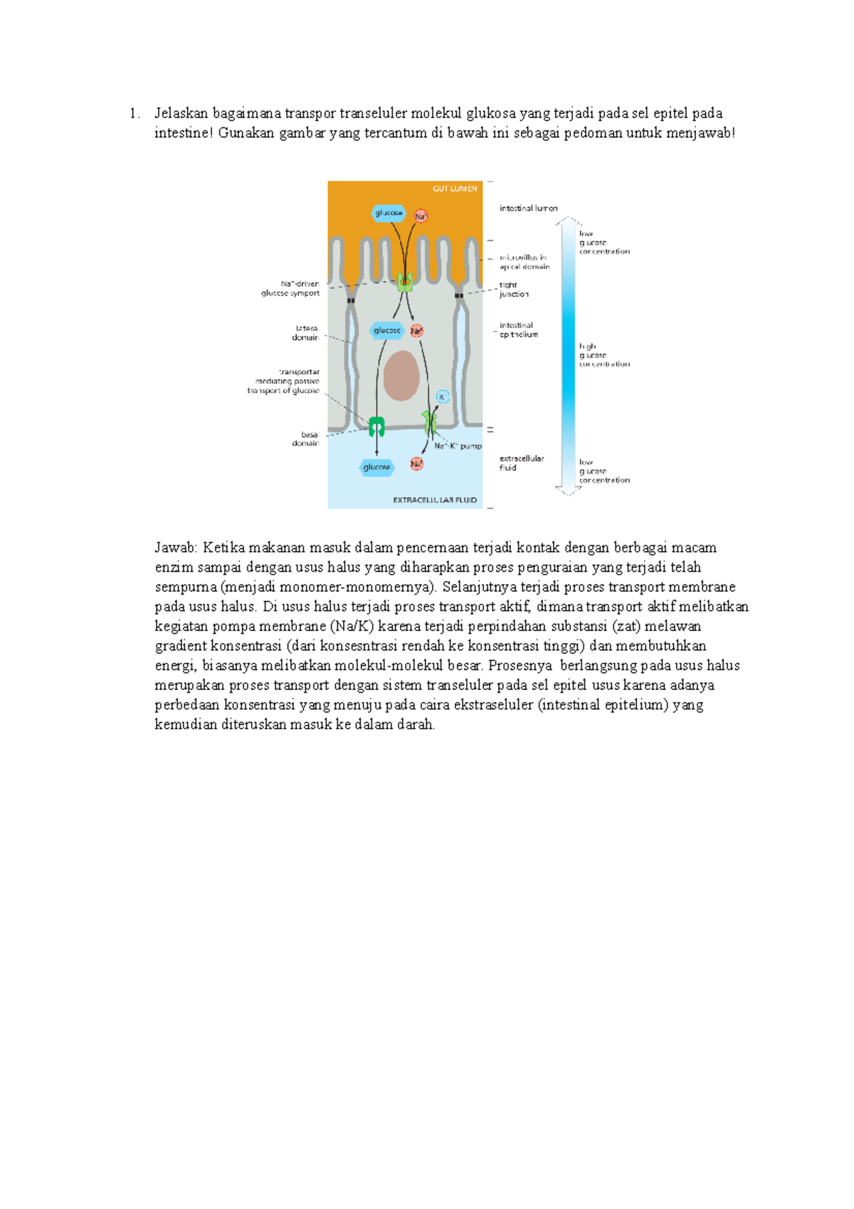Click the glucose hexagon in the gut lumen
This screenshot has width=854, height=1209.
tap(389, 213)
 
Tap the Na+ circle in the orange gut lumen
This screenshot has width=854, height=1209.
tap(421, 216)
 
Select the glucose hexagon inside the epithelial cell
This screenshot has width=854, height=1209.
tap(387, 330)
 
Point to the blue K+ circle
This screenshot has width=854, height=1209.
tap(442, 397)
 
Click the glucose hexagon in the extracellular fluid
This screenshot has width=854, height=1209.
tap(376, 467)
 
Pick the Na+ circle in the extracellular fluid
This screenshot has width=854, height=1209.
tap(416, 464)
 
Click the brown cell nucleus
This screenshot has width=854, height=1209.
tap(401, 375)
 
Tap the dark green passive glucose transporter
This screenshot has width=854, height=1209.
tap(376, 426)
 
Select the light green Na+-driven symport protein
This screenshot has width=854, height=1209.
tap(404, 283)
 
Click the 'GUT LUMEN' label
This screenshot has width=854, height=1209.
tap(455, 189)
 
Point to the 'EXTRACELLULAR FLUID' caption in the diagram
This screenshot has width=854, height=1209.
tap(435, 500)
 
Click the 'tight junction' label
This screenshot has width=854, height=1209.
tap(513, 289)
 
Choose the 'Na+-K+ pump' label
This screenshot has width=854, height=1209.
tap(458, 446)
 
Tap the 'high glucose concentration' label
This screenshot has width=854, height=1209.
tap(603, 355)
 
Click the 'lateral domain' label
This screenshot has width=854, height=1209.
tap(306, 333)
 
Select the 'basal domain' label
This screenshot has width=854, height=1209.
tap(306, 439)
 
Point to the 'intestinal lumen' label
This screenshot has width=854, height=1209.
tap(528, 209)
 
